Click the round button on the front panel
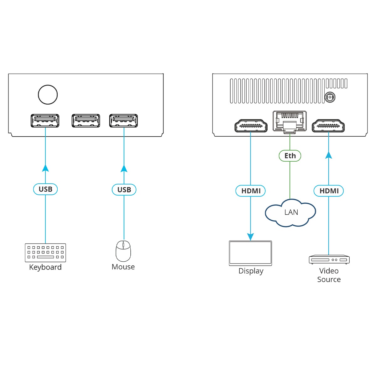48,94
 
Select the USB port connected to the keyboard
45,121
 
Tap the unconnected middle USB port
86,121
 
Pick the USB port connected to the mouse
123,121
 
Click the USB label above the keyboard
45,189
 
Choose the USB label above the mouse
124,190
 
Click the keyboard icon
45,253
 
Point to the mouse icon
123,251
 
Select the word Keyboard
45,267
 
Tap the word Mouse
123,267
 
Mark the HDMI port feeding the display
251,126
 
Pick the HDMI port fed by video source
328,126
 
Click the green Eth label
290,156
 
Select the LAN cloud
290,212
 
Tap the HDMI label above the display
251,191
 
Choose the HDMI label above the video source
329,191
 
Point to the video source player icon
329,259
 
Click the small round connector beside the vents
329,97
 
